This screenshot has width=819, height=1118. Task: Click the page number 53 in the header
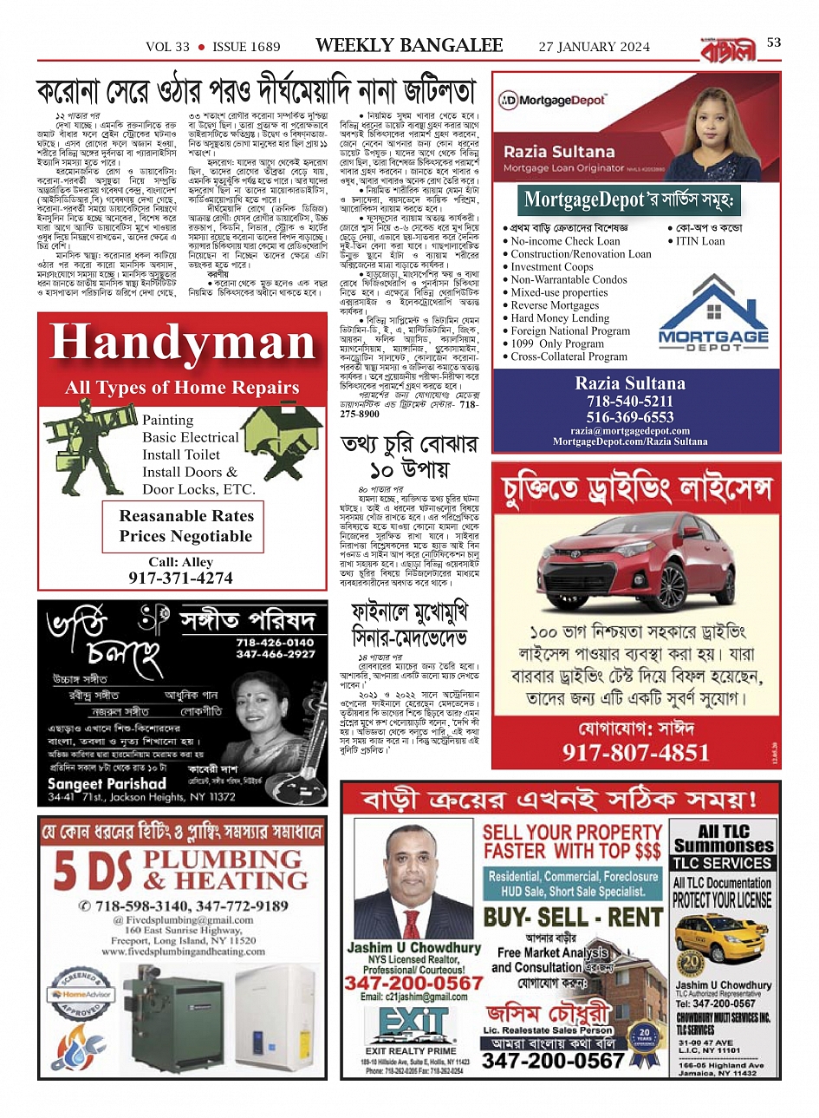point(774,42)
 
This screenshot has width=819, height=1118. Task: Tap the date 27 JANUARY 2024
point(594,47)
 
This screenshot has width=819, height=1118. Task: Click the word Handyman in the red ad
point(183,343)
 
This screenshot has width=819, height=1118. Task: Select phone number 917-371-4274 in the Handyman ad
point(180,579)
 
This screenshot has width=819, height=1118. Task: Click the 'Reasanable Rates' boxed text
point(186,516)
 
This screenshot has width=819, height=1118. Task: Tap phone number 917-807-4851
point(636,752)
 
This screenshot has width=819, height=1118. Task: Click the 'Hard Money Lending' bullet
point(560,318)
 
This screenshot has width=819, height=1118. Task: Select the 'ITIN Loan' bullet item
point(700,241)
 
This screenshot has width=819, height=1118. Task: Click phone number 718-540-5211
point(629,402)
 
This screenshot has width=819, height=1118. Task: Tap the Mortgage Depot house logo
point(713,317)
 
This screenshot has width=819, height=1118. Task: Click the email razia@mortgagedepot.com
point(630,430)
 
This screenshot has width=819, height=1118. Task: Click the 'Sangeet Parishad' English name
point(106,783)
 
